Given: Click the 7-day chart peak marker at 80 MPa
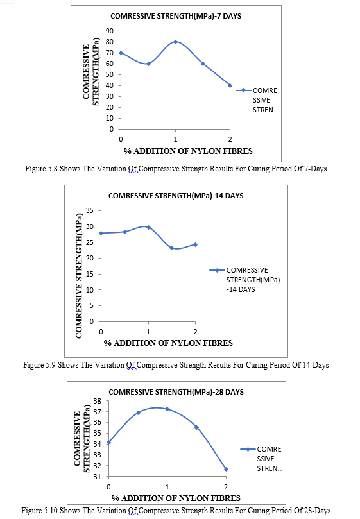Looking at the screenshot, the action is click(175, 42).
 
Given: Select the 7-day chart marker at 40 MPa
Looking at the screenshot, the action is click(230, 85).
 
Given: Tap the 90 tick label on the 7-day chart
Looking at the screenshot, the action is click(110, 31).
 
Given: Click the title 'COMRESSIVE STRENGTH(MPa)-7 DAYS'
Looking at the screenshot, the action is click(176, 16).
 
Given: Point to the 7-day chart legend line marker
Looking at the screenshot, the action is click(244, 90).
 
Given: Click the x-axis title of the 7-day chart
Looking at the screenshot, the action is click(188, 151).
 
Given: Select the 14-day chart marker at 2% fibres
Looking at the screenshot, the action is click(195, 244).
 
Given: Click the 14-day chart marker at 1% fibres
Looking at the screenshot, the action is click(148, 227).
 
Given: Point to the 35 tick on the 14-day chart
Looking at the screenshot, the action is click(90, 210).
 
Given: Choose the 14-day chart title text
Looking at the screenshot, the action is click(176, 196).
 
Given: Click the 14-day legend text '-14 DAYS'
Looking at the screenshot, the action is click(241, 289).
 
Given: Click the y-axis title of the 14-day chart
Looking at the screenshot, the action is click(79, 275).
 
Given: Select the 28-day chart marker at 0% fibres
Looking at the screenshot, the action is click(108, 442).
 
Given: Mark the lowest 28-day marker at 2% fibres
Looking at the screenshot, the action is click(226, 469).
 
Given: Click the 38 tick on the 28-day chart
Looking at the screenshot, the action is click(97, 401).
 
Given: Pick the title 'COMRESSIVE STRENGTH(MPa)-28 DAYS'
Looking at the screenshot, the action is click(176, 392).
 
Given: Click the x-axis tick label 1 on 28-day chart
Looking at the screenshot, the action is click(167, 487).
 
